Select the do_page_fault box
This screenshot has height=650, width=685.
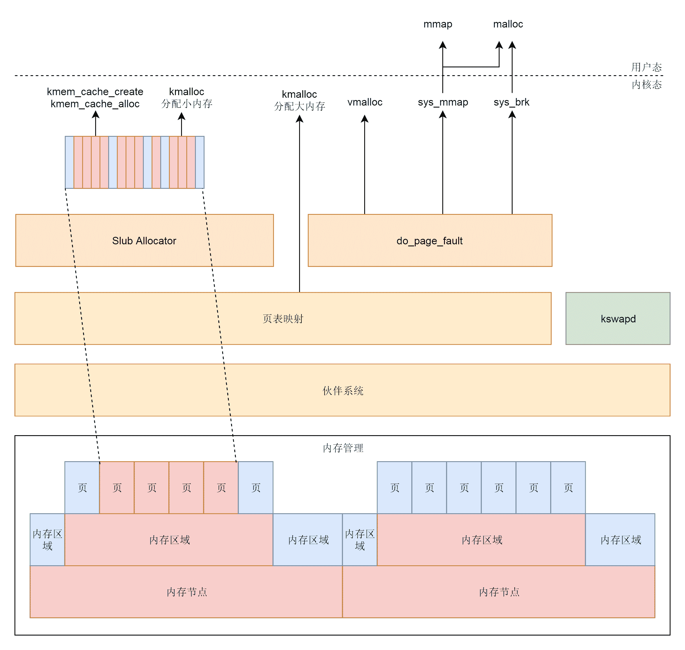[x=430, y=241]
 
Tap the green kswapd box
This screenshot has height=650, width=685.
[x=618, y=318]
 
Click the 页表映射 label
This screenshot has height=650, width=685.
[x=283, y=319]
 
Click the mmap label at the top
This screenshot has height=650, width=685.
[x=438, y=24]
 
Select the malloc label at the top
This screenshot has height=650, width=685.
[x=508, y=24]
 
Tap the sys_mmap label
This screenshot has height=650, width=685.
[x=443, y=102]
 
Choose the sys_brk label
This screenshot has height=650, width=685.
[x=511, y=102]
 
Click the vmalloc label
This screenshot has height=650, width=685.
[x=365, y=102]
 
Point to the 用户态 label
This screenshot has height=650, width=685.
[x=647, y=67]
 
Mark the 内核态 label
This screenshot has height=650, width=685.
[x=647, y=84]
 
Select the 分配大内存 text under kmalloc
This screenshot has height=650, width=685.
[x=299, y=106]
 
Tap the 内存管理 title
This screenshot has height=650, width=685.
[x=343, y=448]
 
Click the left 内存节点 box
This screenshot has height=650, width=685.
[x=187, y=592]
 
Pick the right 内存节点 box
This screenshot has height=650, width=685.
[x=499, y=592]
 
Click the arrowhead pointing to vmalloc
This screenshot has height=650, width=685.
[x=365, y=119]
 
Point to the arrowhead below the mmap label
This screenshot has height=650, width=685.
[x=443, y=45]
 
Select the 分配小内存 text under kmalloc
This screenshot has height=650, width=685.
[x=187, y=104]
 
